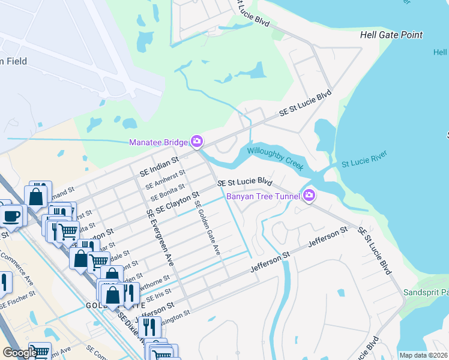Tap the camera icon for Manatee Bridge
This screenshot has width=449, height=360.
(196, 142)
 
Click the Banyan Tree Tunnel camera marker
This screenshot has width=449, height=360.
(309, 195)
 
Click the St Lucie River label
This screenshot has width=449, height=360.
(364, 160)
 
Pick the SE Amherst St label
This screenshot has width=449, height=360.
(161, 178)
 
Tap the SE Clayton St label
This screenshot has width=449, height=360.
(177, 202)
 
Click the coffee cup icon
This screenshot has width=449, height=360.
(12, 215)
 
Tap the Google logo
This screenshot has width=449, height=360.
(19, 352)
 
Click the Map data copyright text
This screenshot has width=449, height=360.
(423, 355)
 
